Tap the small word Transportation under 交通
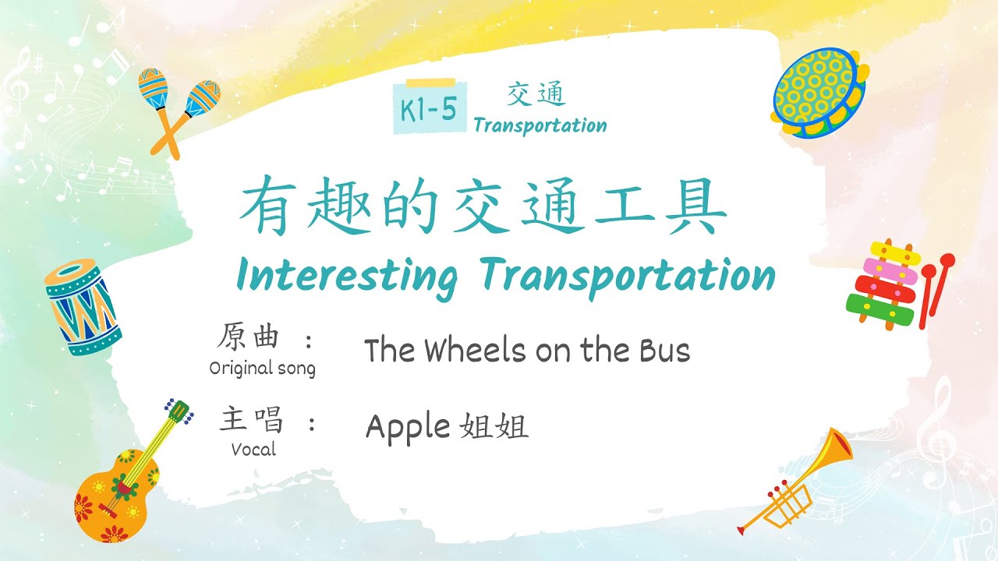click(540, 125)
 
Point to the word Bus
click(665, 351)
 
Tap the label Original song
click(263, 369)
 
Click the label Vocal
click(254, 449)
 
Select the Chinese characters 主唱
click(251, 419)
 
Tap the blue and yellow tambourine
click(819, 93)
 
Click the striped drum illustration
click(83, 307)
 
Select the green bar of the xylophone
click(880, 309)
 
